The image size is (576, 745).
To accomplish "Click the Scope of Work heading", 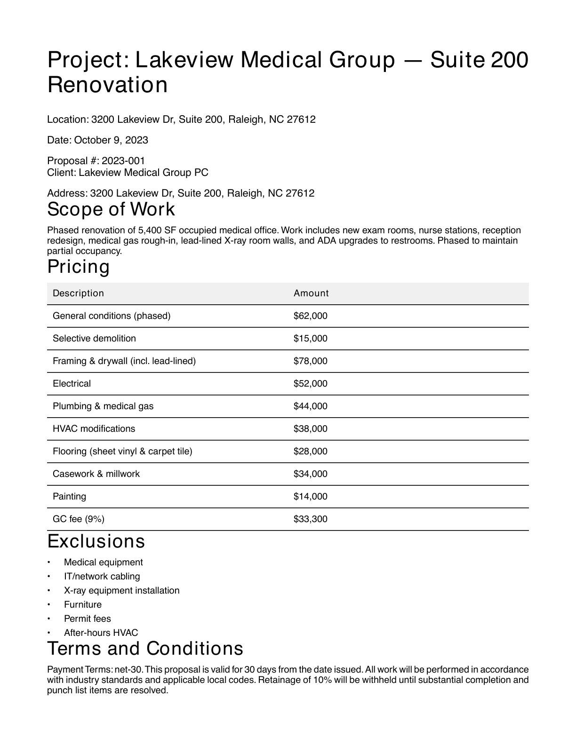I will pos(111,209).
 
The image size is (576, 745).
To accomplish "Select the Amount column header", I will pos(311,293).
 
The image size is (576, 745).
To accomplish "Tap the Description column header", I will pos(78,293).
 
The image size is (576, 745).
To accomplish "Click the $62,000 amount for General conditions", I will pos(310,316).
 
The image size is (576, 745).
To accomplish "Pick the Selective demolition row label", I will pos(94,339).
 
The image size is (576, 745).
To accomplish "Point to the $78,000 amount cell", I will pos(310,361).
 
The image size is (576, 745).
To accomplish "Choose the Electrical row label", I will pos(72,384).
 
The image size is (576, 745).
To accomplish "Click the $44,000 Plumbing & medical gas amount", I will pos(310,406).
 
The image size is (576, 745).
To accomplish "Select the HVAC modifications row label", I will pos(94,429).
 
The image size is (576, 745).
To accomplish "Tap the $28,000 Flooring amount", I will pos(310,452).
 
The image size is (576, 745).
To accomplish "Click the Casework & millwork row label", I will pos(96,474).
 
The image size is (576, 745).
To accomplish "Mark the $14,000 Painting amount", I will pos(310,497).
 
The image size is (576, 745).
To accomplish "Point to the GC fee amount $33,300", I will pos(310,519).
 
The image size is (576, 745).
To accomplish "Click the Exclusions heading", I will pos(96,541).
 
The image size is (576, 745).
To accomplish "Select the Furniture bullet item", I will pos(83,605).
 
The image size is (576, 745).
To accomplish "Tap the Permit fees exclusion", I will pos(88,619).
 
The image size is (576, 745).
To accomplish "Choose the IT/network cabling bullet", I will pos(102,577).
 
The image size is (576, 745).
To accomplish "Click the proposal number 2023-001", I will pos(123,161).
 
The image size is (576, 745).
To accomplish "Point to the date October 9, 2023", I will pos(111,140).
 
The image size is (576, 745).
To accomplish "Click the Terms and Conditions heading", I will pos(145,649).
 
